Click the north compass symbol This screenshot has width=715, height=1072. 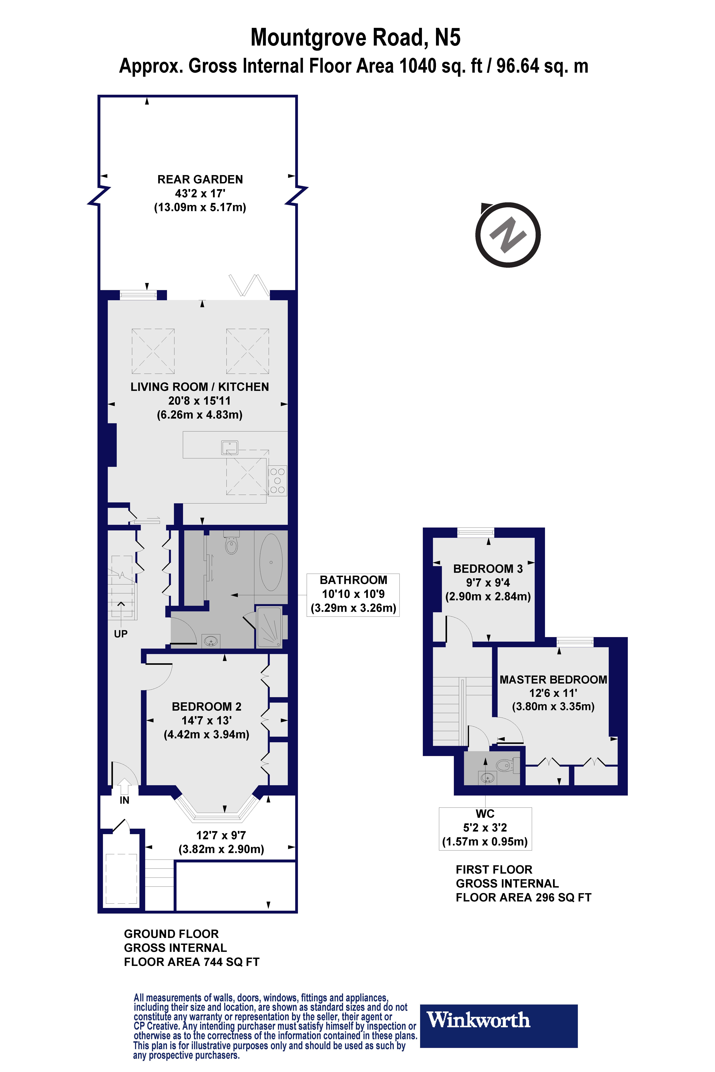pyautogui.click(x=507, y=235)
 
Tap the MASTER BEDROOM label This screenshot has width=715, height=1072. pyautogui.click(x=553, y=680)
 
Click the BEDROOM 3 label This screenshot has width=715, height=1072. pyautogui.click(x=487, y=569)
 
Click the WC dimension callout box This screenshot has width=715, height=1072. pyautogui.click(x=485, y=828)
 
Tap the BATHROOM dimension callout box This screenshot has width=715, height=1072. pyautogui.click(x=353, y=594)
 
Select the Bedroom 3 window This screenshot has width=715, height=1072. pyautogui.click(x=476, y=531)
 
